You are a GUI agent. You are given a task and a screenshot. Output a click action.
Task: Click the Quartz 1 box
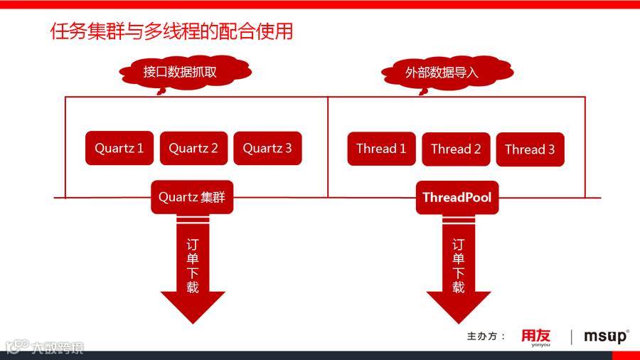pos(119,149)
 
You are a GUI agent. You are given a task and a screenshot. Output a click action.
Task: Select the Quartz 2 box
pos(193,149)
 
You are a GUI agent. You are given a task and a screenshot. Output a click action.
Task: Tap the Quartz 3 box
pos(267,149)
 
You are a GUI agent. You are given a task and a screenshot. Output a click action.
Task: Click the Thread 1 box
pos(381,149)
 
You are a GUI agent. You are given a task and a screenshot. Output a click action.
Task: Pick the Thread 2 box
pos(456,149)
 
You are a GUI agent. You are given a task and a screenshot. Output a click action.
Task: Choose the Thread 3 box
pos(530,149)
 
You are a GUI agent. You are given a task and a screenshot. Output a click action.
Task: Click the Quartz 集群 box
pos(192,197)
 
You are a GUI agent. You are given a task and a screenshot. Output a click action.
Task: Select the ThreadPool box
pos(457,197)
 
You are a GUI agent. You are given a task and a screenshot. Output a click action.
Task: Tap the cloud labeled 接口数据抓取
pos(185,73)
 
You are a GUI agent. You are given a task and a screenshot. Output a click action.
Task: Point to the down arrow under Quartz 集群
pos(192,270)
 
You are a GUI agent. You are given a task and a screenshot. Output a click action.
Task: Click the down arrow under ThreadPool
pos(458,270)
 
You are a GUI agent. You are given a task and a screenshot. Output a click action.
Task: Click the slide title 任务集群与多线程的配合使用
pos(171,32)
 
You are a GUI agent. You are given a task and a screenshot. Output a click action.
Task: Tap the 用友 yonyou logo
pos(535,337)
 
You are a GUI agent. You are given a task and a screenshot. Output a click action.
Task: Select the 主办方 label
pos(486,337)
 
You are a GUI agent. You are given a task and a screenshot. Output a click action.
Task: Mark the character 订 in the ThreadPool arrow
pos(458,244)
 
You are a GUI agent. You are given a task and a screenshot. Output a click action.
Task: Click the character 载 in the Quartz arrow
pos(192,287)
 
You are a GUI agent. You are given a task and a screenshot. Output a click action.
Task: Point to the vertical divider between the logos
pos(571,337)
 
